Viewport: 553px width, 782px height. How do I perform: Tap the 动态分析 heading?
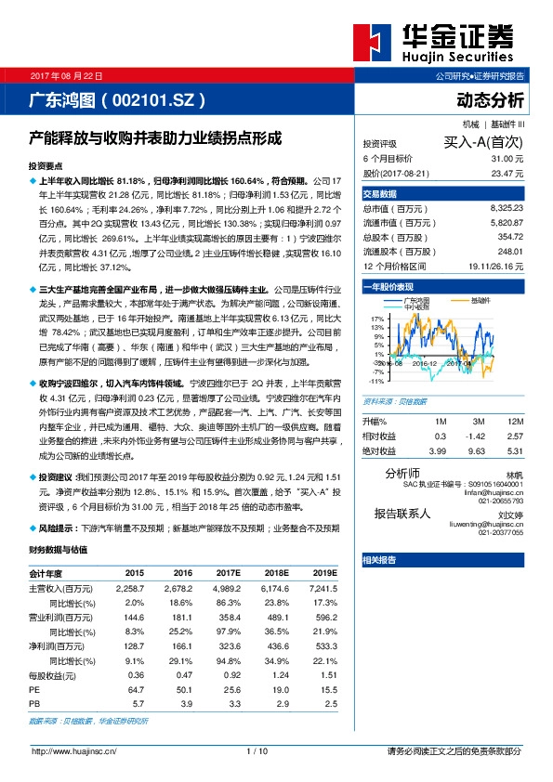pos(491,98)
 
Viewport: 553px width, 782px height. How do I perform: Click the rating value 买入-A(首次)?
pos(484,143)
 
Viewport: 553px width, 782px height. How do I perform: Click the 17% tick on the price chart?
pos(376,318)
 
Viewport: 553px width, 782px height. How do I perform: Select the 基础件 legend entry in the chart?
pos(481,300)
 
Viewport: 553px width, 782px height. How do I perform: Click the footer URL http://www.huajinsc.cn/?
pos(66,750)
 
